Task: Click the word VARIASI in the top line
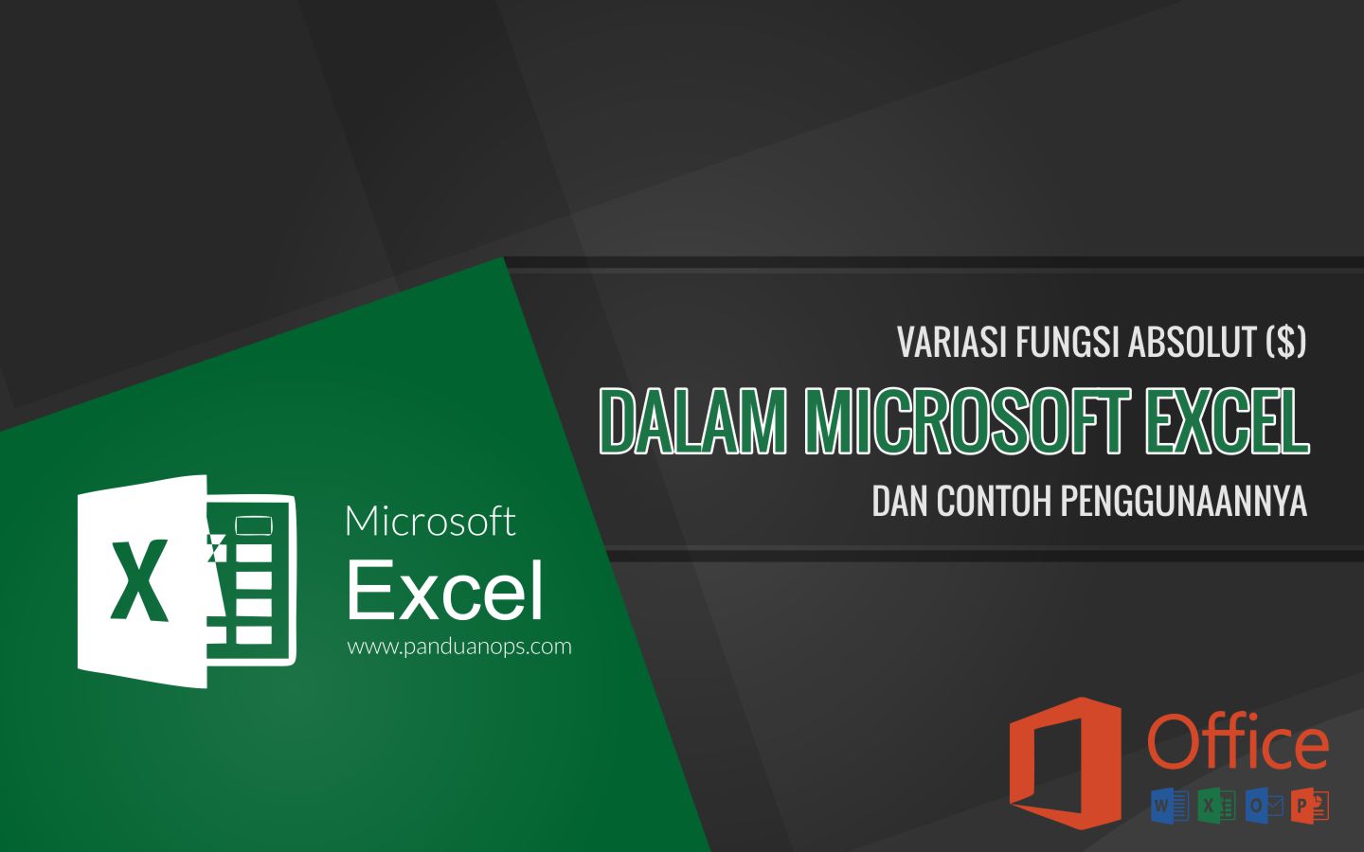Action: (952, 343)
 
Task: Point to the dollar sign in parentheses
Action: (1286, 343)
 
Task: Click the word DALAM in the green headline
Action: (694, 421)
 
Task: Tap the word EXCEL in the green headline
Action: (1227, 421)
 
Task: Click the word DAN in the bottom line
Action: (900, 502)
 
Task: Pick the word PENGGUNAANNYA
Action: (1184, 502)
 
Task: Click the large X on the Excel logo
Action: (139, 580)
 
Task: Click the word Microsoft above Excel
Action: (430, 522)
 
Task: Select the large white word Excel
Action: (445, 591)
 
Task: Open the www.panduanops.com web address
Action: (459, 647)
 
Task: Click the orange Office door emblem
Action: (1065, 762)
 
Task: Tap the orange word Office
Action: (1238, 744)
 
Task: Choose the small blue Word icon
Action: (1170, 806)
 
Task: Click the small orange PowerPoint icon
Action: (1310, 806)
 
